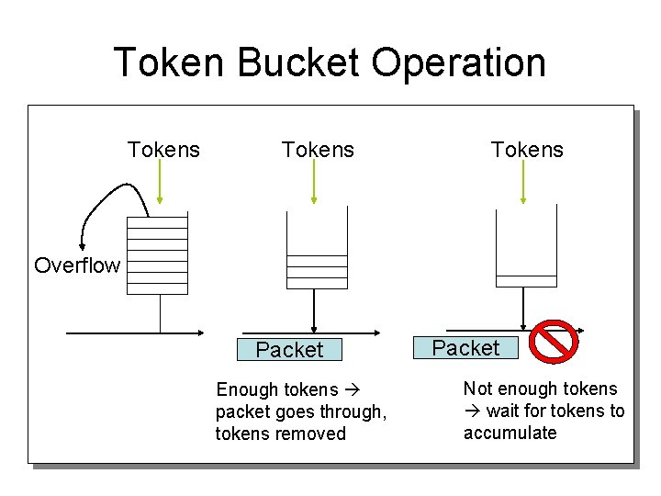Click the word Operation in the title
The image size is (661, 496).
[459, 62]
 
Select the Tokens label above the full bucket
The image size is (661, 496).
[163, 150]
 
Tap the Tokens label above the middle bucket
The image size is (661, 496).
[318, 150]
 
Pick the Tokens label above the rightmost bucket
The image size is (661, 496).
[527, 150]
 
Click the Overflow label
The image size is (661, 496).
[77, 265]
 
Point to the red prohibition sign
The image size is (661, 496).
[555, 342]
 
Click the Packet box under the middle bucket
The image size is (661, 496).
[289, 350]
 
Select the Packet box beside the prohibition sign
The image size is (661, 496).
[465, 348]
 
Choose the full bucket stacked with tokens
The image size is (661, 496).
[157, 253]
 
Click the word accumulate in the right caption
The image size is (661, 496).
[510, 433]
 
